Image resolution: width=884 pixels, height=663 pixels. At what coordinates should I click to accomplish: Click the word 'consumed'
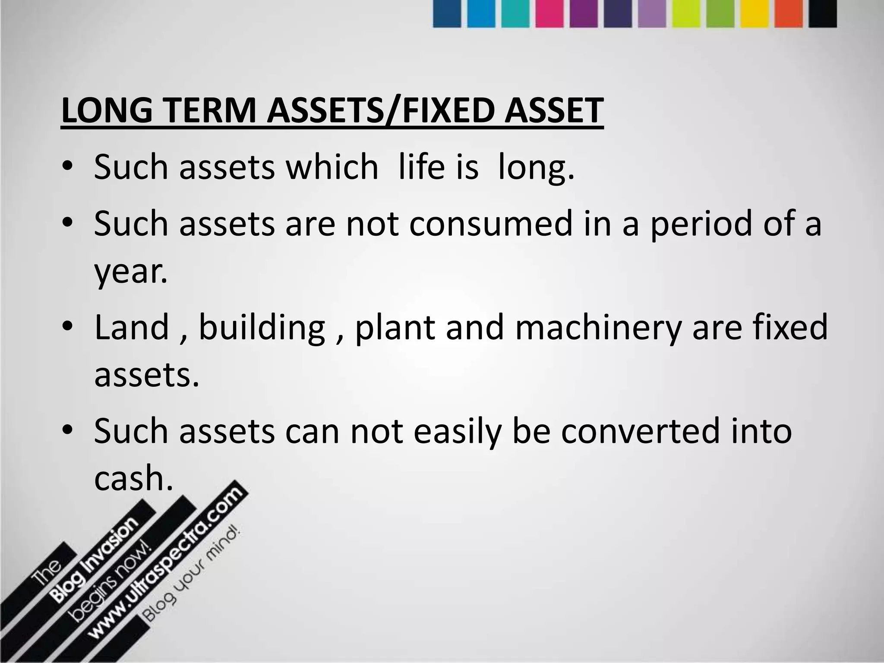coord(490,224)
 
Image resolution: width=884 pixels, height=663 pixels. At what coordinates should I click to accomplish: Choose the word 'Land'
coord(131,327)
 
